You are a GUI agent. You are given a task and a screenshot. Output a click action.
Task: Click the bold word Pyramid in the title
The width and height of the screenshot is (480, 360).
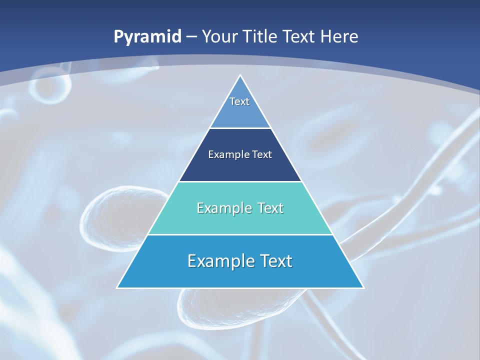pos(147,37)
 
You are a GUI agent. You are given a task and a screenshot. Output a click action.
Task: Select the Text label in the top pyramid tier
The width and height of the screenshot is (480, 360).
pos(239,101)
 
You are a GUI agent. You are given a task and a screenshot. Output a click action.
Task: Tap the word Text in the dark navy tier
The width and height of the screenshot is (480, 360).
pos(262,155)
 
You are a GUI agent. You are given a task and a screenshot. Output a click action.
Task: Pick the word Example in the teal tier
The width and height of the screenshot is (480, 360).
pos(222,208)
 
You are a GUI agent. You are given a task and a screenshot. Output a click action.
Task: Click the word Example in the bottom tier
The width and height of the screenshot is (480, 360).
pos(218,261)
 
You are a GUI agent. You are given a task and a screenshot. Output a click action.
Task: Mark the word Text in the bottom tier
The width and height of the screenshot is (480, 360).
pos(276,261)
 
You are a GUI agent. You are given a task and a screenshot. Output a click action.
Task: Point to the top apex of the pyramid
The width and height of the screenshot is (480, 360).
pos(240,75)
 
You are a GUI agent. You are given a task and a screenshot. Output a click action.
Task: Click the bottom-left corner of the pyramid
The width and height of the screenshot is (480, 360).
pos(117,287)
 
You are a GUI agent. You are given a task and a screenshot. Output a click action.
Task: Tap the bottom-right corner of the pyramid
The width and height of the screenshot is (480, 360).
pos(363,287)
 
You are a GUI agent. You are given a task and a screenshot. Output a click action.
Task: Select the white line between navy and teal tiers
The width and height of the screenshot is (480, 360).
pos(240,181)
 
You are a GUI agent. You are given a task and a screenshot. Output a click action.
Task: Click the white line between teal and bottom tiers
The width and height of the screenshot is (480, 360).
pos(240,234)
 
